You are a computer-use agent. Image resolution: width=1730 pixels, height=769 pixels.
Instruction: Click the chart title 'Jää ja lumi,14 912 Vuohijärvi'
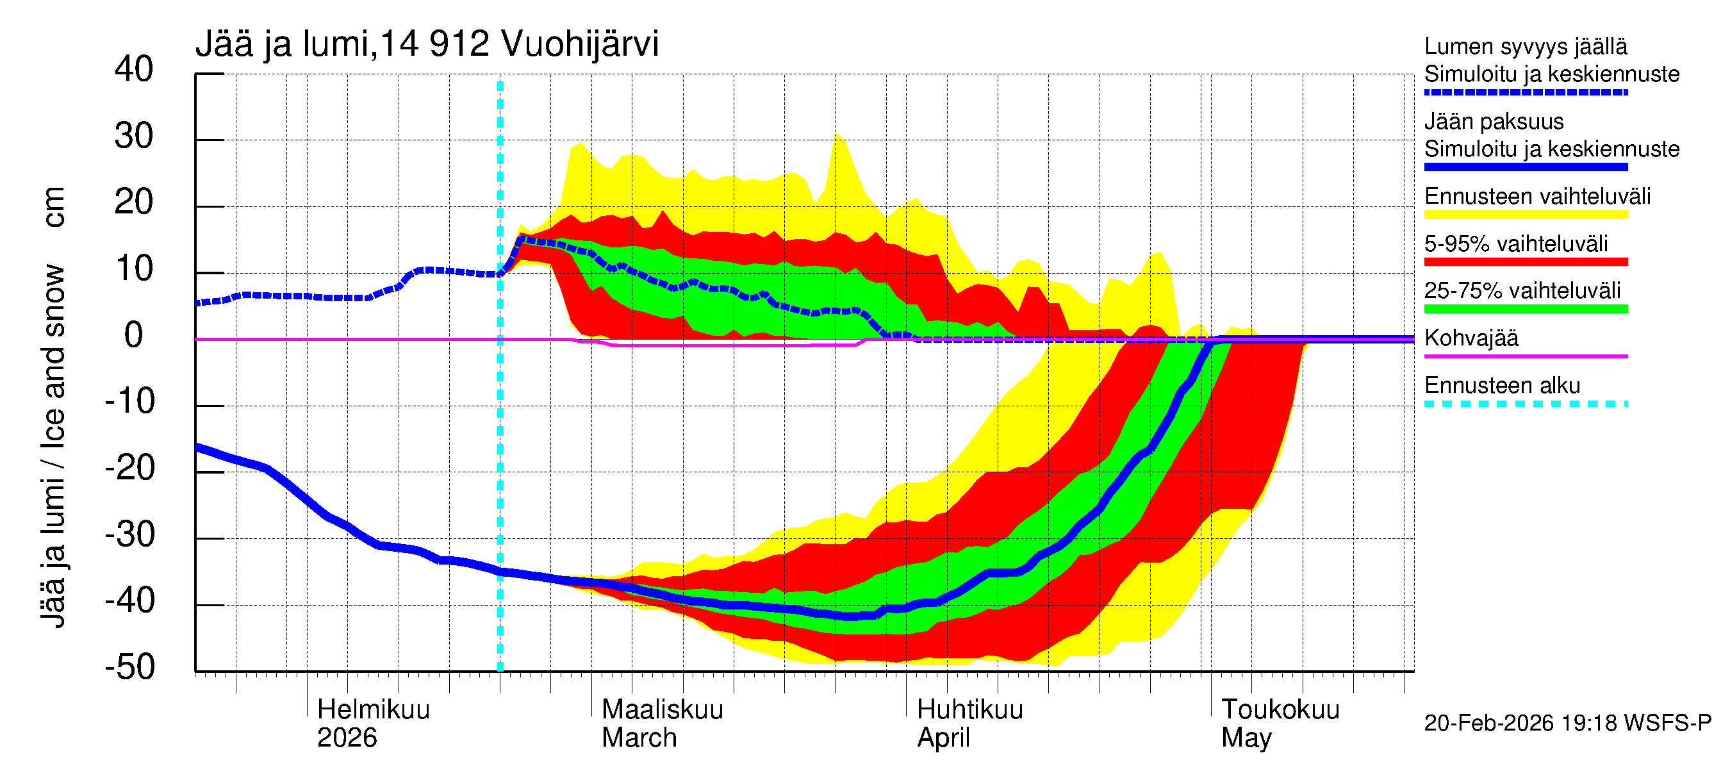(x=427, y=44)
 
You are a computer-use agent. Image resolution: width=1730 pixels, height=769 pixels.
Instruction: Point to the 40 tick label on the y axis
(x=134, y=69)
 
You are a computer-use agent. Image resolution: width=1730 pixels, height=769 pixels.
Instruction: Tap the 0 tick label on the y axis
(x=134, y=335)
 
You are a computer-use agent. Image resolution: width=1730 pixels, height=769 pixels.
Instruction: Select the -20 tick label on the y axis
(x=129, y=467)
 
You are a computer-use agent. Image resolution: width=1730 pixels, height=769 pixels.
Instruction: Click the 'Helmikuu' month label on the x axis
(x=373, y=709)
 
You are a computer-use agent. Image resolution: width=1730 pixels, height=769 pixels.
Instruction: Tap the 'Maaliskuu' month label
(x=662, y=709)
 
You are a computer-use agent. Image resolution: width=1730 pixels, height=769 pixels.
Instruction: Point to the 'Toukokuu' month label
(x=1280, y=709)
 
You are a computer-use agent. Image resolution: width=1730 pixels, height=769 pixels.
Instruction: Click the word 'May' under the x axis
(x=1246, y=738)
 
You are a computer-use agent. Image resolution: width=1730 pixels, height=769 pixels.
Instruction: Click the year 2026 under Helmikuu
(x=347, y=738)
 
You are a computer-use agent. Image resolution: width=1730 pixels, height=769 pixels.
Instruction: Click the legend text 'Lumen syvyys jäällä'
(x=1525, y=46)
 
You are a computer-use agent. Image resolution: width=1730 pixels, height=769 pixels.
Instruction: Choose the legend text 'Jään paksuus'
(x=1494, y=122)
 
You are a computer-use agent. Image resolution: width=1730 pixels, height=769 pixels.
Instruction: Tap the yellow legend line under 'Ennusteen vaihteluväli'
(x=1525, y=215)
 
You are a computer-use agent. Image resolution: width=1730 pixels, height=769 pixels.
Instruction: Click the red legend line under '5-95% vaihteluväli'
(x=1525, y=262)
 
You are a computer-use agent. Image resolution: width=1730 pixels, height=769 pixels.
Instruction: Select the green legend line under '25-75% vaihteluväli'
(x=1525, y=309)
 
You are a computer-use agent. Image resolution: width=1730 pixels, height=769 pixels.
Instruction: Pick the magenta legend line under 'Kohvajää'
(x=1525, y=356)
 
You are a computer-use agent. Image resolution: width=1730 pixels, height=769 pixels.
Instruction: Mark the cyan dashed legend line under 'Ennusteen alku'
(x=1525, y=404)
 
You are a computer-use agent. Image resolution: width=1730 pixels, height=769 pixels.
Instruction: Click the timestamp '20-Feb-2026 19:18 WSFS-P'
(x=1567, y=724)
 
